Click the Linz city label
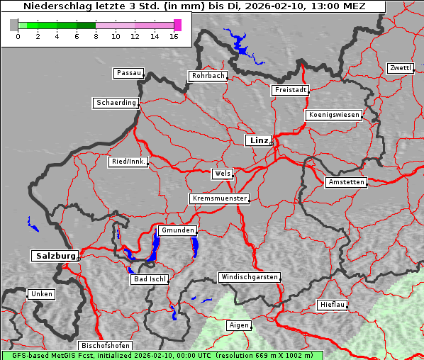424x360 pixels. point(258,140)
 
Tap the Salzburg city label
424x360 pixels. point(54,255)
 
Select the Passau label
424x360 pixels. point(128,73)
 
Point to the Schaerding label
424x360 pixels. point(116,103)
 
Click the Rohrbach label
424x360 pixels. point(207,76)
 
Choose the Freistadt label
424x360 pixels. point(289,90)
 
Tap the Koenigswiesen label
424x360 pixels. point(334,115)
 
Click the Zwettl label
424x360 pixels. point(400,68)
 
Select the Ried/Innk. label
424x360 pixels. point(128,162)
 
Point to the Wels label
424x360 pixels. point(221,174)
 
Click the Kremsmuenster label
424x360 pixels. point(219,198)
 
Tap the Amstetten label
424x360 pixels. point(345,182)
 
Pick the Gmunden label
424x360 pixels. point(177,230)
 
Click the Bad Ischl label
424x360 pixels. point(149,279)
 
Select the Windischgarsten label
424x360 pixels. point(249,277)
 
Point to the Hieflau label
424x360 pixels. point(332,305)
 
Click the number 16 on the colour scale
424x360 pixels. point(174,36)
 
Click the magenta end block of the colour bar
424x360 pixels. point(177,25)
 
